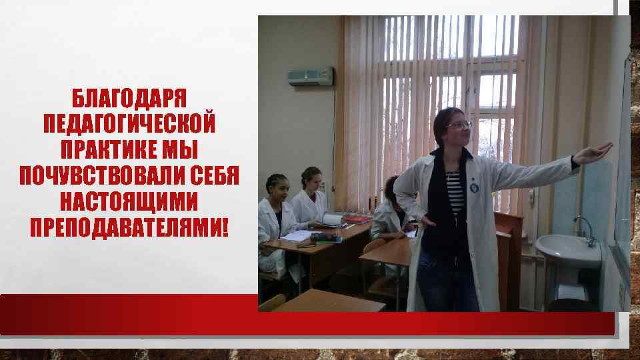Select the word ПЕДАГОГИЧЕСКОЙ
coord(129,124)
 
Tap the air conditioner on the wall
coord(310,77)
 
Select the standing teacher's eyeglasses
coord(458,125)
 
